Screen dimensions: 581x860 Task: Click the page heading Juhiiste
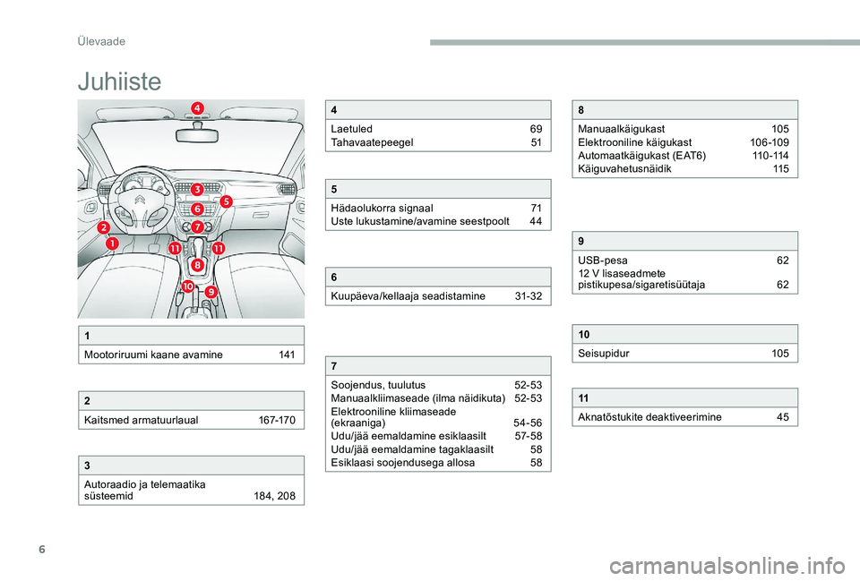(x=119, y=81)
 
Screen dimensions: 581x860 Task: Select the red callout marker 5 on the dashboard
(x=226, y=201)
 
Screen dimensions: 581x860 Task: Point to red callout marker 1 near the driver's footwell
(x=112, y=243)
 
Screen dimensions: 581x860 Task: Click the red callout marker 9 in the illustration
(x=211, y=292)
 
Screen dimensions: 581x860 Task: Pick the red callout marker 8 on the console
(x=197, y=263)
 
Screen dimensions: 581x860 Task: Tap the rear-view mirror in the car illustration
(x=197, y=135)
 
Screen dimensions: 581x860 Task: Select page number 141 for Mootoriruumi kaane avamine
(x=287, y=355)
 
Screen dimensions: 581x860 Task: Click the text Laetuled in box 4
(x=352, y=130)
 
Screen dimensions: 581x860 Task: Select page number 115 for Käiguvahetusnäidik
(x=781, y=168)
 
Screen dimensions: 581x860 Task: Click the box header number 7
(x=334, y=366)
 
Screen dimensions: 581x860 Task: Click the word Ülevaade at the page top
(x=99, y=41)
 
